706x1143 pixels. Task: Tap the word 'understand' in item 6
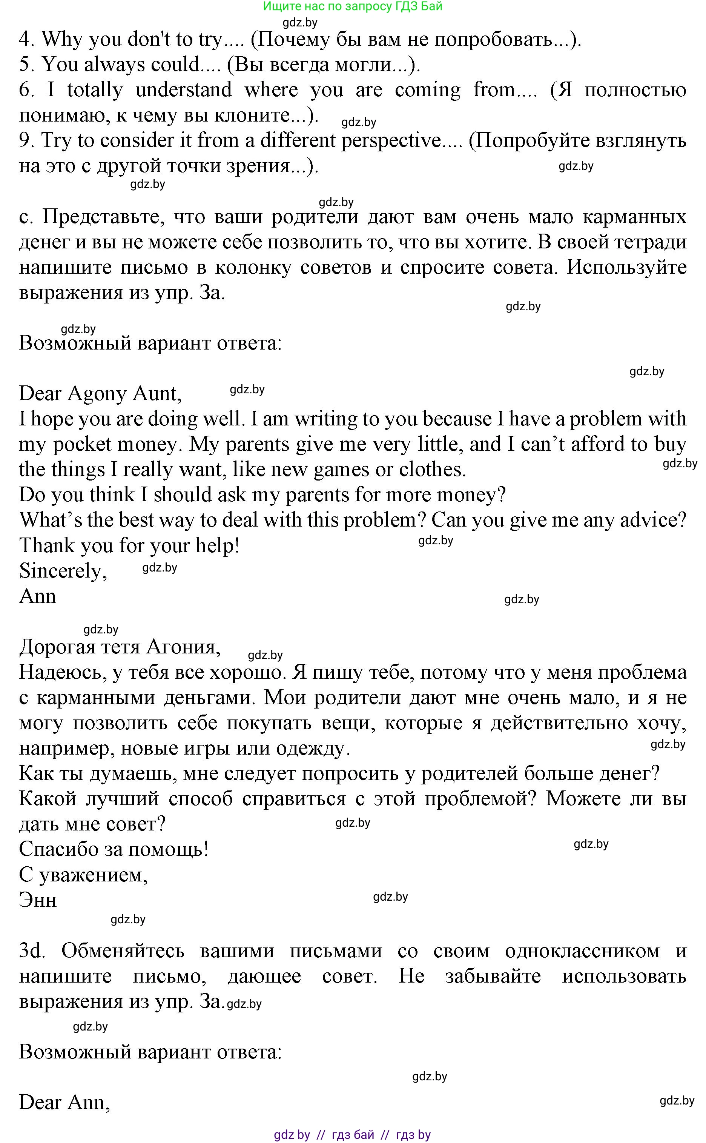184,90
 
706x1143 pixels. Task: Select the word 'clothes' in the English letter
431,470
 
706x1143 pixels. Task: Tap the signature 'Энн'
37,900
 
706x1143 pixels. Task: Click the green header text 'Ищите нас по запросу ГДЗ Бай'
353,6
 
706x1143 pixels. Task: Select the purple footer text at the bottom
353,1135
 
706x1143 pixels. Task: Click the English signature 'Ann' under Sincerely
37,596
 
